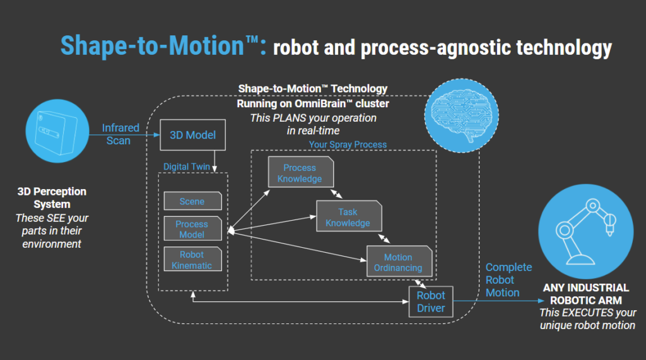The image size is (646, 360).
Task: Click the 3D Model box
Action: pos(192,135)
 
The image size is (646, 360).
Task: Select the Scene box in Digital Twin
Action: pos(192,201)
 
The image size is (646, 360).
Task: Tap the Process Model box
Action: pos(192,229)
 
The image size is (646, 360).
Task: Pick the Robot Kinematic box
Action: pos(192,260)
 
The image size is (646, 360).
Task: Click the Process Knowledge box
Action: pos(299,173)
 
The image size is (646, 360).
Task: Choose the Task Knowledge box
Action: pos(348,218)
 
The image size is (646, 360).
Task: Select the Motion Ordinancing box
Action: pos(398,262)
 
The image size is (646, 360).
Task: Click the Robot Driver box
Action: pos(431,302)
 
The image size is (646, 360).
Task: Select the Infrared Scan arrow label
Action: pos(120,134)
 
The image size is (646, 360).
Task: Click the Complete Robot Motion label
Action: pos(508,280)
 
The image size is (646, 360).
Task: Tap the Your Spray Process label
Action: pos(348,144)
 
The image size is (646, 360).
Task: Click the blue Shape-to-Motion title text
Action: pos(163,45)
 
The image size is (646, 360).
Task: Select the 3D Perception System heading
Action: pos(52,197)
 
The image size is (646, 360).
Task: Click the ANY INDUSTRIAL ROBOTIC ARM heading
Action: pos(586,294)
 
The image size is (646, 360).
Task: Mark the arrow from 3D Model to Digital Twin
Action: pos(215,160)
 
